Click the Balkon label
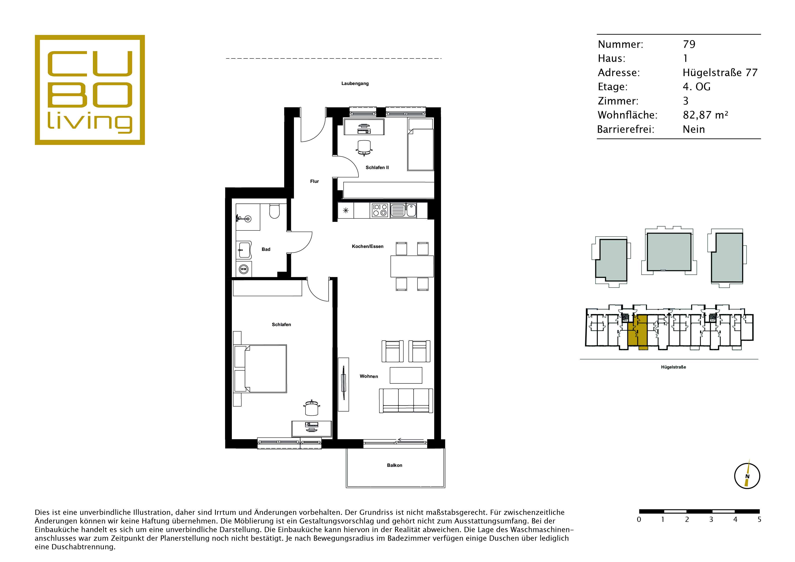[x=394, y=465]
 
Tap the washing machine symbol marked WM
[x=244, y=269]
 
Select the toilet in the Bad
[x=275, y=211]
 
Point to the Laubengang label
[x=355, y=83]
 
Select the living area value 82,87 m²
[x=705, y=115]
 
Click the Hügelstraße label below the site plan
[x=674, y=367]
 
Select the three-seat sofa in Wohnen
[x=406, y=401]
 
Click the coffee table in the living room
[x=406, y=375]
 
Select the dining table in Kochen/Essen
[x=412, y=266]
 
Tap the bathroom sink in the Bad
[x=244, y=250]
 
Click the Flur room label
[x=314, y=181]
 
